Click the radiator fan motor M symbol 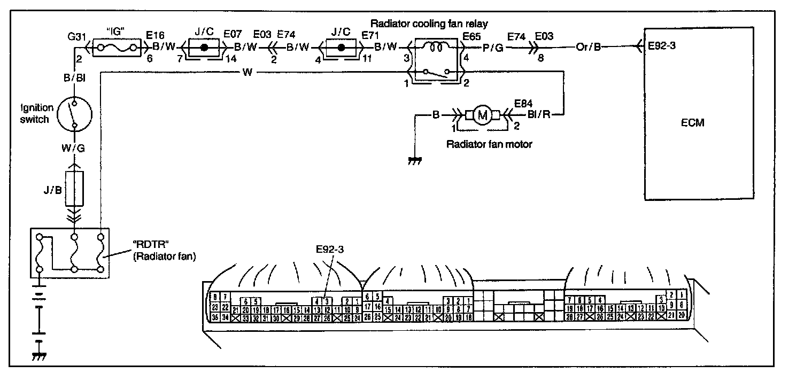click(x=483, y=115)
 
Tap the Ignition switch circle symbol click(x=74, y=114)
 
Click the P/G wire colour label click(x=492, y=46)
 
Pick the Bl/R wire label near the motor click(x=539, y=115)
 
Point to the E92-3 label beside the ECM click(x=662, y=46)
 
